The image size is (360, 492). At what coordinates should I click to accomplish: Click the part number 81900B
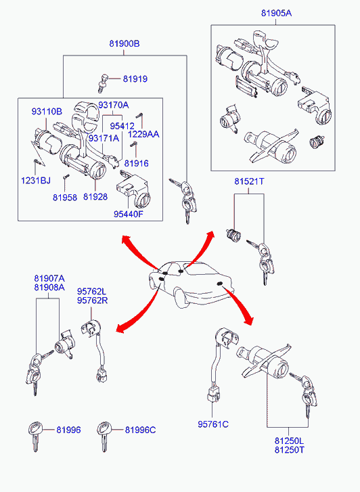coord(125,43)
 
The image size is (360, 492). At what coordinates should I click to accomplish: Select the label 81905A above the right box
coord(276,13)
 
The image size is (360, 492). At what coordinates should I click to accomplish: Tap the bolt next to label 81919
coord(104,82)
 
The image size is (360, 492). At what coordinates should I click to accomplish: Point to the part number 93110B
coord(47,112)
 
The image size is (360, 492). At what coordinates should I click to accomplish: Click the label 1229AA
coord(143,134)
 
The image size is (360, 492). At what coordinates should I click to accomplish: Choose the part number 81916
coord(136,164)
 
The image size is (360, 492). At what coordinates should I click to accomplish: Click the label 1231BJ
coord(35,181)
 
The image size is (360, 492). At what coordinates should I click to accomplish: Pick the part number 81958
coord(65,198)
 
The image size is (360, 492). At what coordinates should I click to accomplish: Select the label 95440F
coord(129,214)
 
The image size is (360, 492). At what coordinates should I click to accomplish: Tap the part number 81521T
coord(249,181)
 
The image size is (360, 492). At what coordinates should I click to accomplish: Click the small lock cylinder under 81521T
coord(233,236)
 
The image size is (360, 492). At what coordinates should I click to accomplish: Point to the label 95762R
coord(92,300)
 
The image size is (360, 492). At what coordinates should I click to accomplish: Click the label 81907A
coord(49,278)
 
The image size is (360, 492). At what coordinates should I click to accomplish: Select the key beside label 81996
coord(35,436)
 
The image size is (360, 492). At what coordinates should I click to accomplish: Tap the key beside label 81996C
coord(104,436)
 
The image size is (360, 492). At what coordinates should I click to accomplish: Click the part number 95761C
coord(213,424)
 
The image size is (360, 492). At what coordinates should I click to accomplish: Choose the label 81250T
coord(290,449)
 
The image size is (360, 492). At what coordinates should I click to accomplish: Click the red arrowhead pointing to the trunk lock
coord(249,319)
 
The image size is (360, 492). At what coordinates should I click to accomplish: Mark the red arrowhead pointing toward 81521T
coord(210,235)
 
